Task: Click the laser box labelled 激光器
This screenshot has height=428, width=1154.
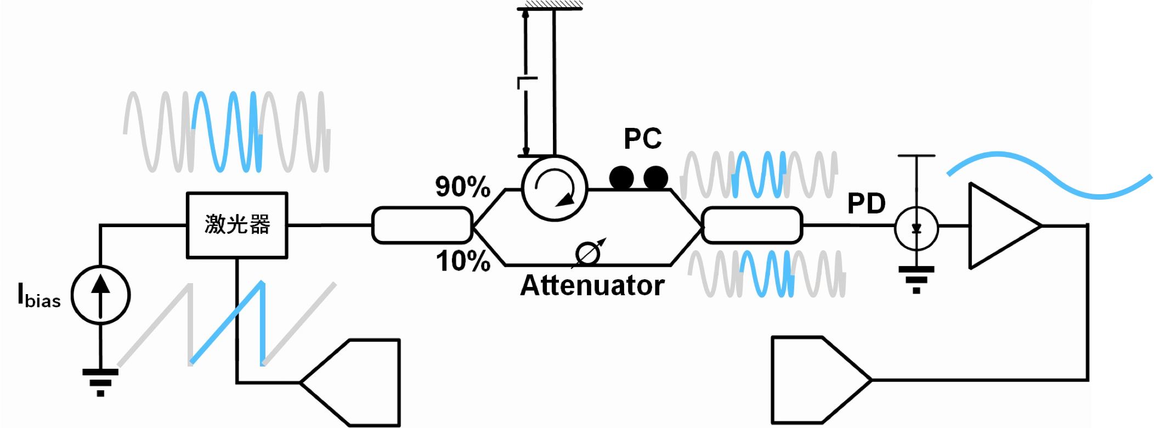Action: click(237, 225)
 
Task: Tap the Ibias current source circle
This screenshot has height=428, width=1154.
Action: click(100, 295)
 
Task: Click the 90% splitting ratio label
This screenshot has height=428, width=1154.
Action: click(462, 187)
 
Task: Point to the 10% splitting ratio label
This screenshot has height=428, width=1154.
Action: click(463, 261)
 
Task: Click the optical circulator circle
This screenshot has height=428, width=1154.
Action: click(555, 188)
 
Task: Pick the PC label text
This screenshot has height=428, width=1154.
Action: click(643, 138)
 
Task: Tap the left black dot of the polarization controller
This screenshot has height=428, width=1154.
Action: click(621, 178)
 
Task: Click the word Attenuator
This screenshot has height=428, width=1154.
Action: click(592, 285)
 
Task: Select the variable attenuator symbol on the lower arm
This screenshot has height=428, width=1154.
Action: click(588, 254)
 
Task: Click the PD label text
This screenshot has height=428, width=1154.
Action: click(867, 204)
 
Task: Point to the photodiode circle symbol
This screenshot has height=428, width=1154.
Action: click(917, 228)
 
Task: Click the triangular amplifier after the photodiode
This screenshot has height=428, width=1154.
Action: click(1005, 226)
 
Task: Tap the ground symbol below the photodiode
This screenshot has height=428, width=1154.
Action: click(917, 280)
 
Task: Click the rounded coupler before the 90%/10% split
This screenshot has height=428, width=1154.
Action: click(422, 225)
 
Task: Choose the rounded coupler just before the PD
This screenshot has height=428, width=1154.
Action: click(752, 225)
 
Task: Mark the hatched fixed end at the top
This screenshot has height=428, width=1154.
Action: click(550, 5)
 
